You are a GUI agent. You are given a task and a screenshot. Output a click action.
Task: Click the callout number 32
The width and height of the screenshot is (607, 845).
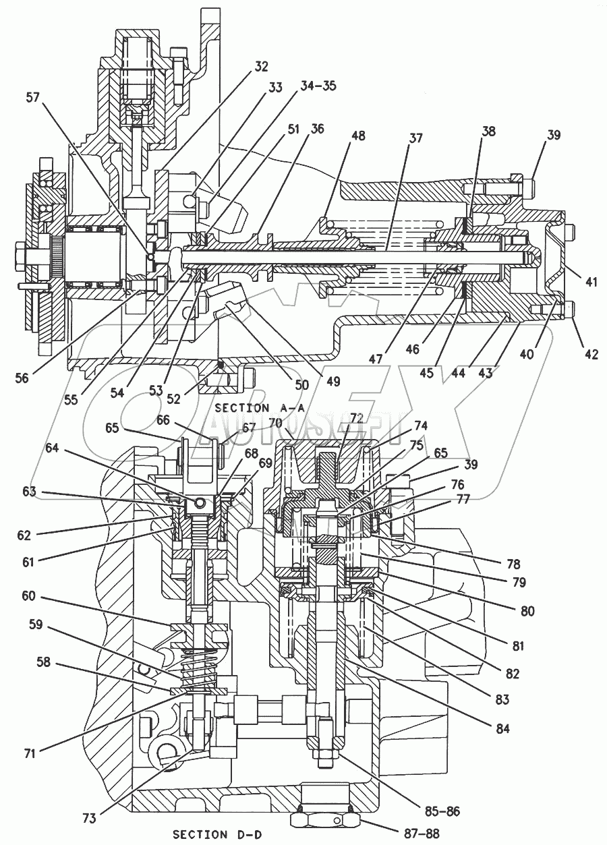coord(261,66)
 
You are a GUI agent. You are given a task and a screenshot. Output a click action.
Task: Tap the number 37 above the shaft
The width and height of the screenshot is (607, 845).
coord(415,138)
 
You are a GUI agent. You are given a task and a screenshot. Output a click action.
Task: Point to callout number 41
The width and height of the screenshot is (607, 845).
coord(591,282)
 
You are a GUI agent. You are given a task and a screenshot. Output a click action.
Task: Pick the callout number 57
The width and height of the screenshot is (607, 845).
coord(32,98)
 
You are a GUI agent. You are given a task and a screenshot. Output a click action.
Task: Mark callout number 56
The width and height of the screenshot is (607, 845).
coord(22,378)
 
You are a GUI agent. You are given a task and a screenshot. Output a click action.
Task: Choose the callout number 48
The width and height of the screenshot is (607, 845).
coord(358,136)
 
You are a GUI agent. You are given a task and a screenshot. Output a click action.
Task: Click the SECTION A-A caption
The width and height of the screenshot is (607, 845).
coord(260,408)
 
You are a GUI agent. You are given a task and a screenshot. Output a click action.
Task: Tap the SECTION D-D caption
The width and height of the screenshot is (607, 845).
coord(217,834)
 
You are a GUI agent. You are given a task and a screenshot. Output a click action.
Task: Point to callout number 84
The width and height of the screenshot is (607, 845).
coord(500,728)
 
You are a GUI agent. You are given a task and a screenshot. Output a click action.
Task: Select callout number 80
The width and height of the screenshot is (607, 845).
coord(526,612)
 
